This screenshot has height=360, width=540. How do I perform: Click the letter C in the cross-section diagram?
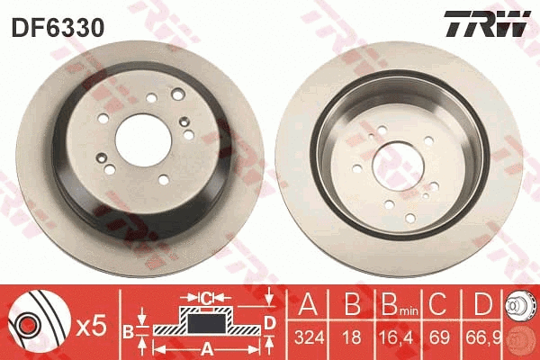(x=205, y=294)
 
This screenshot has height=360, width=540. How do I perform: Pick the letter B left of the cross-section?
(x=128, y=330)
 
